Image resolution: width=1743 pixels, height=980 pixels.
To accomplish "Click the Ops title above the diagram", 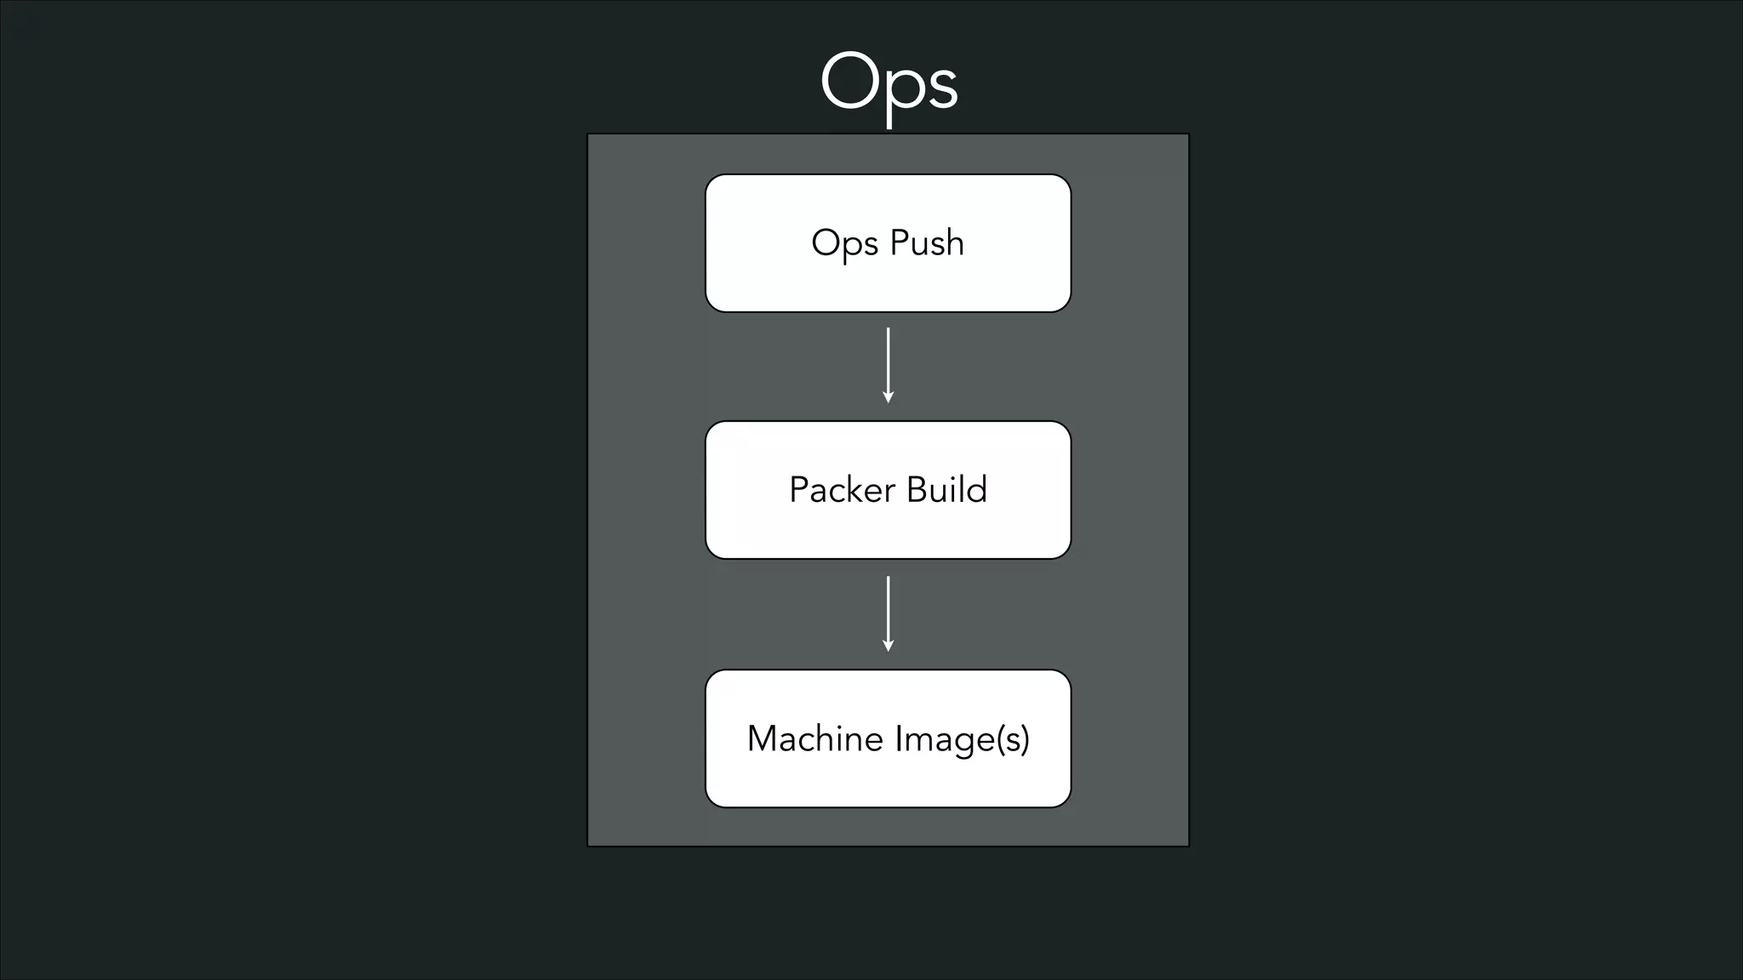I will click(x=889, y=83).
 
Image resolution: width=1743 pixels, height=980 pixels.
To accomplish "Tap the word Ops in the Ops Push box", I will click(x=844, y=244).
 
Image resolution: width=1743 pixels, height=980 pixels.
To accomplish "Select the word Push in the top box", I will click(x=927, y=242).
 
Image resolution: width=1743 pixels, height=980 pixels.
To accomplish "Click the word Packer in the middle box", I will click(x=842, y=490).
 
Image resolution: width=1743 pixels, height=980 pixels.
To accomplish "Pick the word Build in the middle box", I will click(x=946, y=490).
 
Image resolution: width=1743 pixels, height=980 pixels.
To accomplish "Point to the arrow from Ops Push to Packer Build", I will click(x=888, y=364).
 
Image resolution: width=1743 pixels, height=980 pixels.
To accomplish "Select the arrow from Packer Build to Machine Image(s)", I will click(x=888, y=612).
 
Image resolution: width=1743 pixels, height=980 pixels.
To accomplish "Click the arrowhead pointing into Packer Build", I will click(x=888, y=397).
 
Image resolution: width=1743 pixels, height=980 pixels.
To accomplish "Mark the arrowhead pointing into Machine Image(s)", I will click(x=888, y=646).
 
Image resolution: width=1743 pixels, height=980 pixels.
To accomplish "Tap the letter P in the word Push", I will click(x=899, y=242).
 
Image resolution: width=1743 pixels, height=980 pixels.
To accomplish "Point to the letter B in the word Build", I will click(x=916, y=490).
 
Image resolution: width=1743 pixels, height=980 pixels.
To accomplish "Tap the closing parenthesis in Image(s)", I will click(x=1026, y=739).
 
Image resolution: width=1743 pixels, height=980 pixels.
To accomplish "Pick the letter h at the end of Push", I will click(x=955, y=242).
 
